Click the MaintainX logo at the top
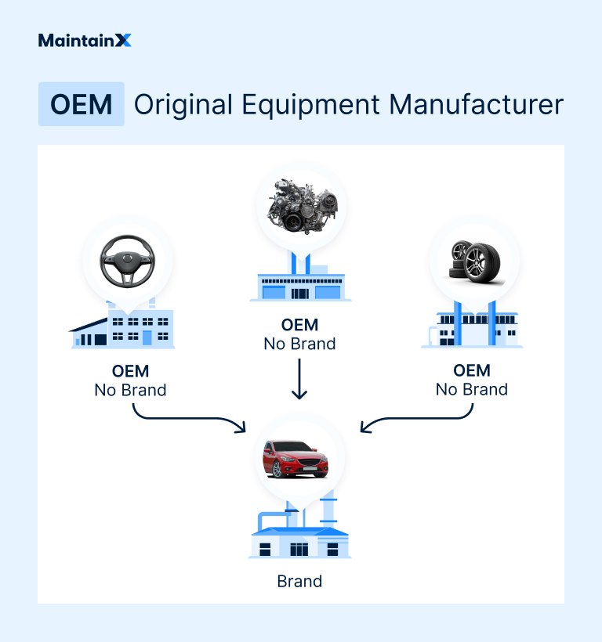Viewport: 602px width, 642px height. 85,40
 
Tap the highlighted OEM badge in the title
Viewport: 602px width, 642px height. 81,104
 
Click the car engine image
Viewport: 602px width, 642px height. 300,207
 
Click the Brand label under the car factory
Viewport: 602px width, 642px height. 299,581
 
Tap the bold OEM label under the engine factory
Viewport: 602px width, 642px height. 299,325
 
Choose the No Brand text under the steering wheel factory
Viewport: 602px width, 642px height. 130,390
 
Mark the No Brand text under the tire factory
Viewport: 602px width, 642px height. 471,390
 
